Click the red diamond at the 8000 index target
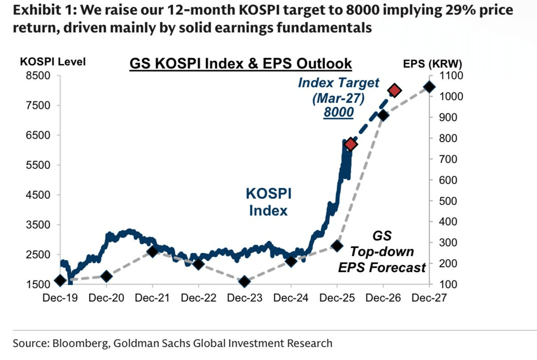pyautogui.click(x=395, y=90)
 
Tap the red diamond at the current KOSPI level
pyautogui.click(x=350, y=144)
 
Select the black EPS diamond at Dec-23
pyautogui.click(x=244, y=282)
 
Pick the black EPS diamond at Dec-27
pyautogui.click(x=429, y=87)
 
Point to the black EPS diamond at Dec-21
pyautogui.click(x=152, y=252)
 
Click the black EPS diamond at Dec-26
pyautogui.click(x=383, y=115)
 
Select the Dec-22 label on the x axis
pyautogui.click(x=198, y=298)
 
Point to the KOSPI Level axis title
pyautogui.click(x=53, y=62)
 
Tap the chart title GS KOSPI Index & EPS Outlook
pyautogui.click(x=240, y=64)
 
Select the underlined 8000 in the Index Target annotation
pyautogui.click(x=338, y=112)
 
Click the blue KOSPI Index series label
pyautogui.click(x=268, y=202)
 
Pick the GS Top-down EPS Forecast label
pyautogui.click(x=382, y=252)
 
